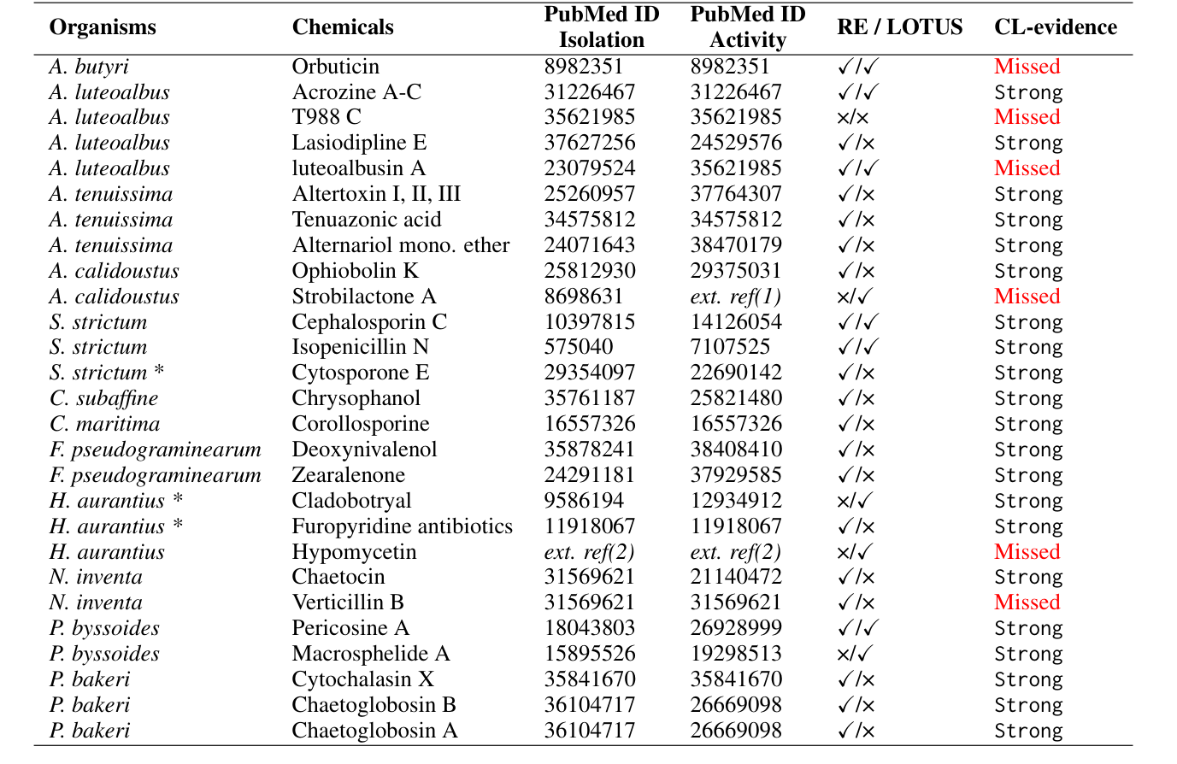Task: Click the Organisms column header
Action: pyautogui.click(x=103, y=27)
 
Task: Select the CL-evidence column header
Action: pyautogui.click(x=1056, y=27)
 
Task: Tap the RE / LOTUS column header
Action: pyautogui.click(x=899, y=27)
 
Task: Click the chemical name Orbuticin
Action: pyautogui.click(x=335, y=67)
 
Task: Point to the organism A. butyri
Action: pyautogui.click(x=89, y=67)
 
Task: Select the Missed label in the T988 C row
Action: pyautogui.click(x=1027, y=117)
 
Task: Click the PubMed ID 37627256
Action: pyautogui.click(x=590, y=143)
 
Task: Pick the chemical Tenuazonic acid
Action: pyautogui.click(x=367, y=220)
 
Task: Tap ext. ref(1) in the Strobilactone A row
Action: pyautogui.click(x=735, y=297)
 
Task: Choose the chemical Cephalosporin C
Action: pyautogui.click(x=369, y=322)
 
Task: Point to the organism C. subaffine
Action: pyautogui.click(x=103, y=398)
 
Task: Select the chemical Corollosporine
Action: pyautogui.click(x=360, y=424)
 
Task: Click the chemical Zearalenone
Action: pyautogui.click(x=348, y=475)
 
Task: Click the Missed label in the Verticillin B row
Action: pyautogui.click(x=1027, y=602)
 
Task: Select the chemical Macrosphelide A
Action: pyautogui.click(x=370, y=654)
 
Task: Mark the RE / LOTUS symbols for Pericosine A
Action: pyautogui.click(x=858, y=628)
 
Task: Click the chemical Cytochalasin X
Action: pyautogui.click(x=362, y=679)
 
